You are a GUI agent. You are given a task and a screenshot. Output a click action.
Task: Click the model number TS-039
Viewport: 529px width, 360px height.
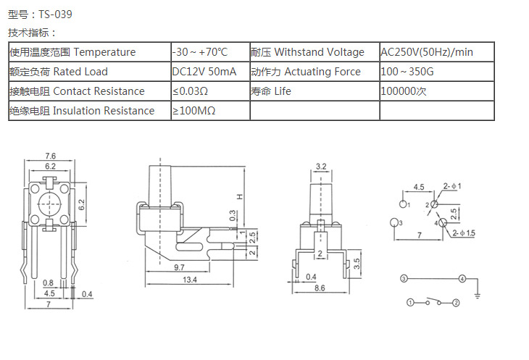coord(55,14)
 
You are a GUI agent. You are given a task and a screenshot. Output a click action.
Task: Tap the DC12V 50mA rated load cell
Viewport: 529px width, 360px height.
coord(204,72)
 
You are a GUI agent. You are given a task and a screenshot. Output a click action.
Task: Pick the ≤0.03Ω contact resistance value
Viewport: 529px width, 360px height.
coord(191,91)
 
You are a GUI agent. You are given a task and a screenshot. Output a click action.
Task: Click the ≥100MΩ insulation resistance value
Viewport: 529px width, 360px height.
coord(194,111)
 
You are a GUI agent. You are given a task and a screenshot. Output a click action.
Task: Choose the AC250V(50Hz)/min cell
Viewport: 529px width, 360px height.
coord(427,52)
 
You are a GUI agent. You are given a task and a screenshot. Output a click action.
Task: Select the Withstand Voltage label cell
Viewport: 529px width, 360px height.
coord(314,52)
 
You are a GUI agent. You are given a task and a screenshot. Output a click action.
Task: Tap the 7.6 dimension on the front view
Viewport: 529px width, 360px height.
coord(50,156)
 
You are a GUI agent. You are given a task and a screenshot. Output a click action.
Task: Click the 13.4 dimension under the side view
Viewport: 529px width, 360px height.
coord(191,280)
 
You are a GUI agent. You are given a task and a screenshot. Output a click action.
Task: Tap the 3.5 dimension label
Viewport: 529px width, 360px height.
coord(355,261)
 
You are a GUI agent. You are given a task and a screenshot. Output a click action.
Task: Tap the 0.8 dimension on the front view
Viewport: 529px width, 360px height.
coord(48,282)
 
